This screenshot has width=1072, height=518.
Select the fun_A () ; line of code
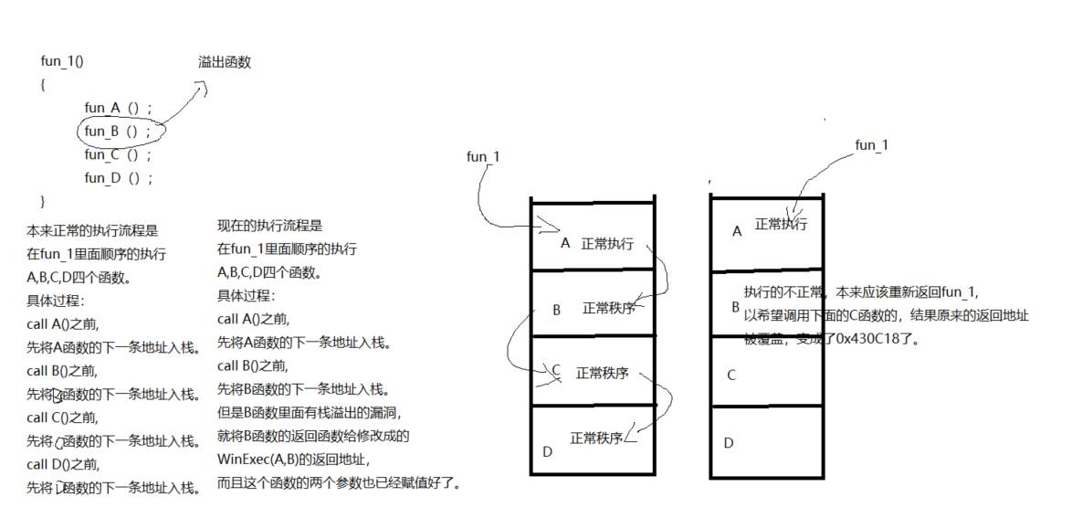(119, 109)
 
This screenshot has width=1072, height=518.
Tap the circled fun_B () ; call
(119, 132)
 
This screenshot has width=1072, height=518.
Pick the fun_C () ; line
(119, 155)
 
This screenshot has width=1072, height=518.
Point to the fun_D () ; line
(119, 179)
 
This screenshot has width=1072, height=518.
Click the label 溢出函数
(224, 63)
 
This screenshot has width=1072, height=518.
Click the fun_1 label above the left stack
(483, 157)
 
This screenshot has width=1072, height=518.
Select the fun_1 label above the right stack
(871, 145)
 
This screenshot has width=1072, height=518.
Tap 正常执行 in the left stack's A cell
(606, 245)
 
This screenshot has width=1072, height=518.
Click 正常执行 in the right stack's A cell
(781, 225)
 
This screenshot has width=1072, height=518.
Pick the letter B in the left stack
(556, 311)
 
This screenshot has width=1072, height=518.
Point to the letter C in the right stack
(730, 375)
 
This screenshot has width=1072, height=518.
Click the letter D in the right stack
(729, 443)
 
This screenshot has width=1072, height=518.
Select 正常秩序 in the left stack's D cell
(596, 439)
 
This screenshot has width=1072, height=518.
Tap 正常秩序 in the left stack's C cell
(603, 373)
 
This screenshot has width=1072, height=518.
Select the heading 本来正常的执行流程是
(92, 232)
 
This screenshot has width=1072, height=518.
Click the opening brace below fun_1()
(43, 84)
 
